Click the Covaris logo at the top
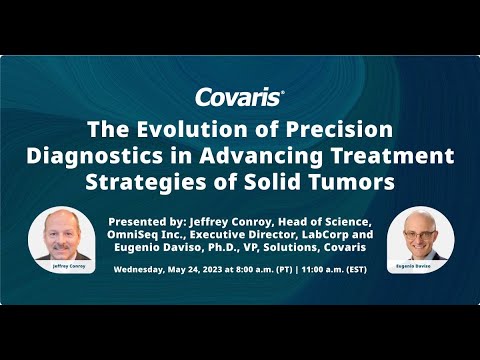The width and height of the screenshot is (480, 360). coord(240,97)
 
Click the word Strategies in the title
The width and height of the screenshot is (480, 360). coord(172,183)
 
